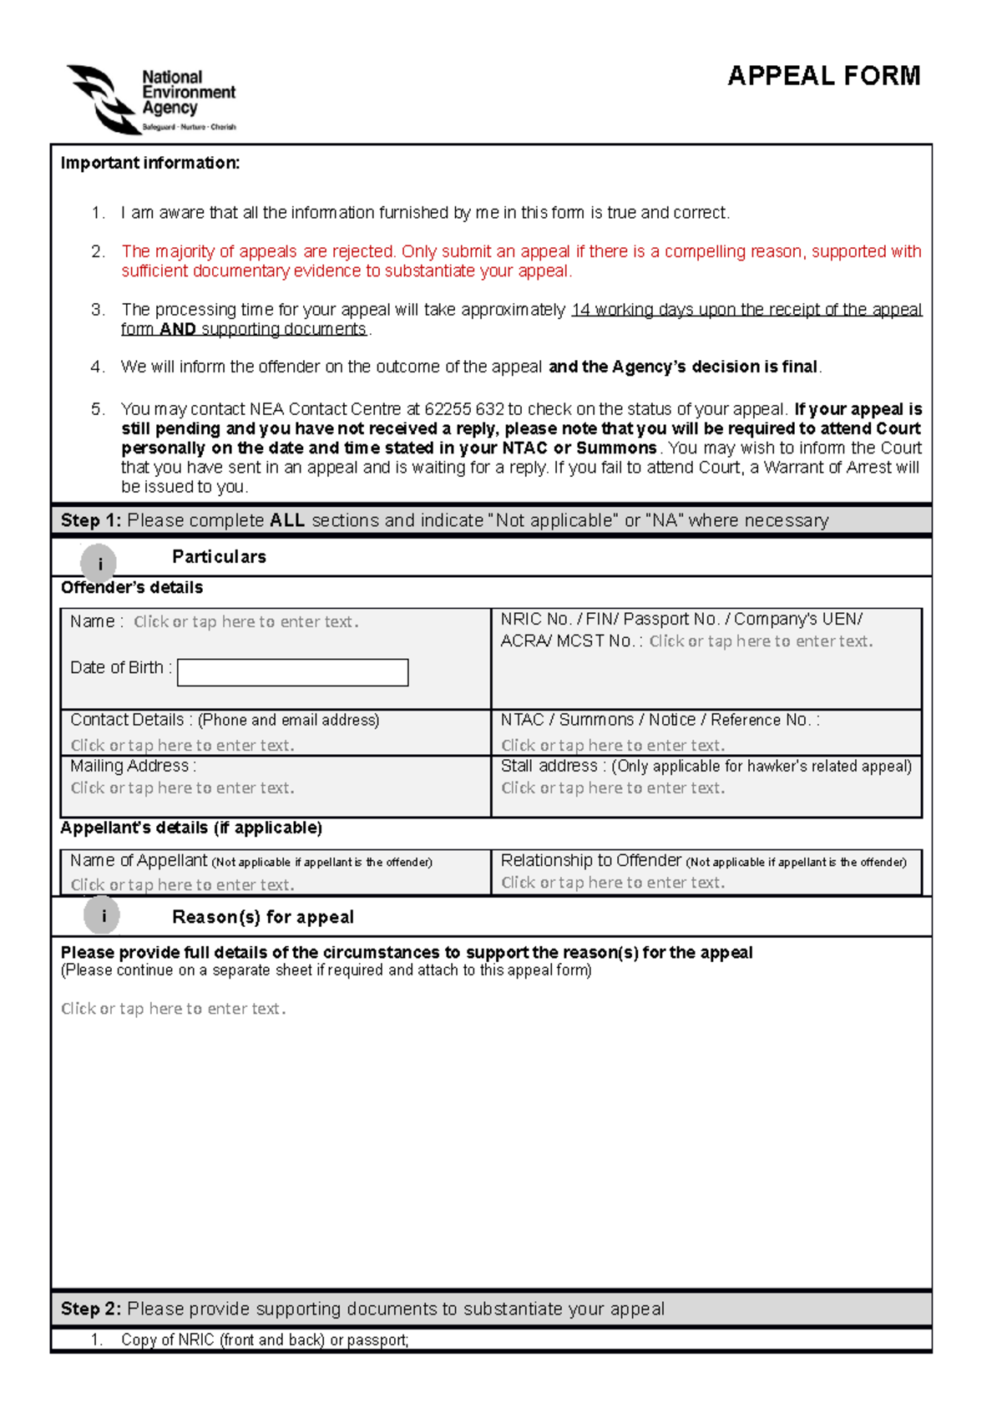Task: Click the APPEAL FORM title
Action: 823,76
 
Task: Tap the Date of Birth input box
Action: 292,672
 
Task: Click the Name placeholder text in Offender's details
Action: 245,622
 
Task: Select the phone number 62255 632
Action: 463,409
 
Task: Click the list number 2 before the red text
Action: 98,251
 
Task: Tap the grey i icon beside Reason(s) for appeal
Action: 102,916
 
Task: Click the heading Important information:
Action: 150,163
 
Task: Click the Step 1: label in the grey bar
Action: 90,520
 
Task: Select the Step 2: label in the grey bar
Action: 90,1309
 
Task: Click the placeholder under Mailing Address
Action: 182,788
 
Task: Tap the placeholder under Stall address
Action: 612,788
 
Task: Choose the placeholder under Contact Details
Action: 182,746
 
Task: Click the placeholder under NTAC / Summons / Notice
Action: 612,746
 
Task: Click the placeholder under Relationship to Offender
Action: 612,883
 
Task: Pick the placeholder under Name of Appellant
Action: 182,885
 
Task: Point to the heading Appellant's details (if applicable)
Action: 190,828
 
